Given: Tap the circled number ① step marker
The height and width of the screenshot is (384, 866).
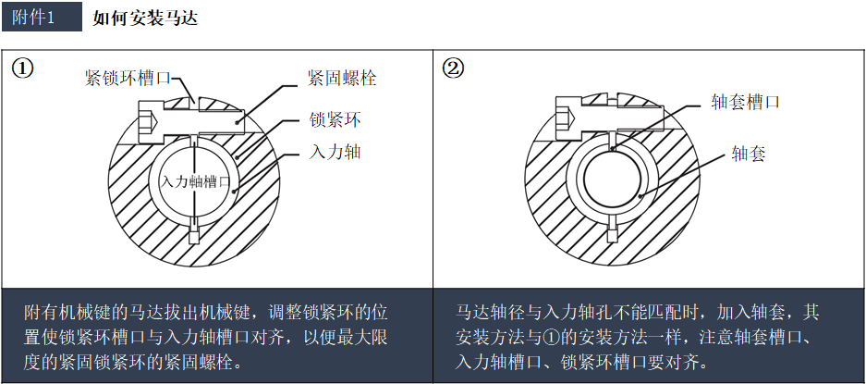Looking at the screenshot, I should pyautogui.click(x=23, y=69).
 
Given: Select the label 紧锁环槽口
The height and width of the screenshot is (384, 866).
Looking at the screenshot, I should pyautogui.click(x=127, y=79).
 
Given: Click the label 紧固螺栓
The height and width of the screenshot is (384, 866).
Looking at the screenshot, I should pyautogui.click(x=342, y=79).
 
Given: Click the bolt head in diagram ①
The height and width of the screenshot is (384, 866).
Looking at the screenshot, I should pyautogui.click(x=149, y=123).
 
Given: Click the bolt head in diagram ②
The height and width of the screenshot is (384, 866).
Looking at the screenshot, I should pyautogui.click(x=568, y=123).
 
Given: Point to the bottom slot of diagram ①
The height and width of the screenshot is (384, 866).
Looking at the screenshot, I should pyautogui.click(x=194, y=231).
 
